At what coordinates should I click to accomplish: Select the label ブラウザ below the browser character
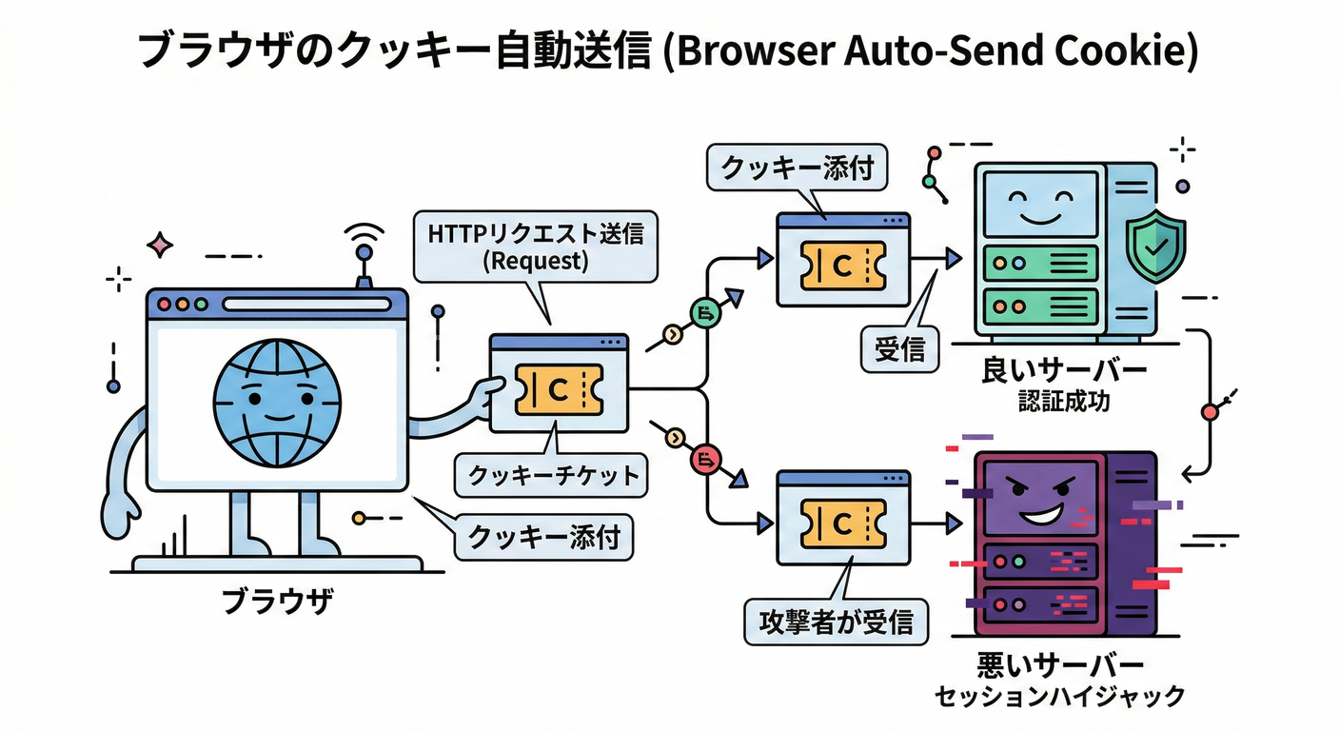point(277,602)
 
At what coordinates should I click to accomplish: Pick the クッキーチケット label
point(551,475)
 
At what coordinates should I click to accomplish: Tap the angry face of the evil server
point(1039,502)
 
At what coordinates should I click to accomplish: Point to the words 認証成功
point(1063,403)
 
